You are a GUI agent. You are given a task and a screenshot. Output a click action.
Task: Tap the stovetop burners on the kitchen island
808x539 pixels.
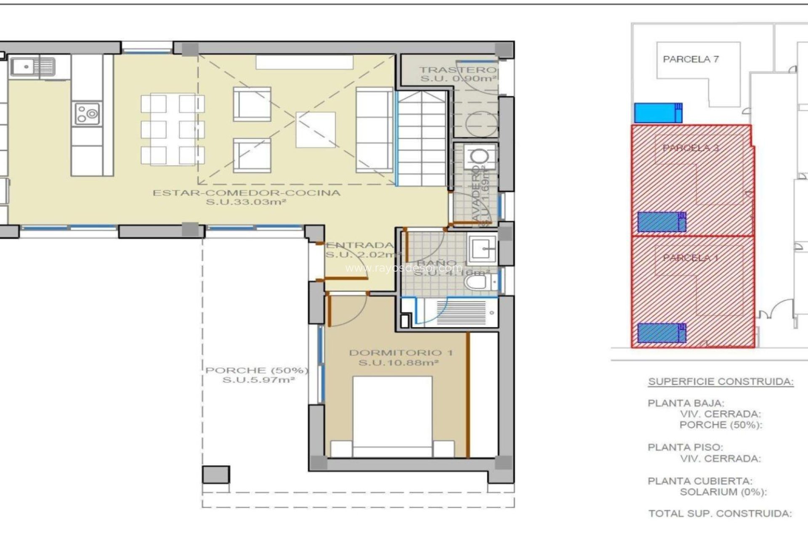point(87,114)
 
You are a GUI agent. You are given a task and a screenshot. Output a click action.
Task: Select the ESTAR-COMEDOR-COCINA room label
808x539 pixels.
point(246,193)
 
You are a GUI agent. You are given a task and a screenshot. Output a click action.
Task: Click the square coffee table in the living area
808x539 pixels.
point(316,130)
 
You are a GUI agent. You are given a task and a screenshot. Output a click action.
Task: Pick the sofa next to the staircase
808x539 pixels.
point(374,130)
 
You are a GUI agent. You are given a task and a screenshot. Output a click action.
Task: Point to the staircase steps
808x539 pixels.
point(422,139)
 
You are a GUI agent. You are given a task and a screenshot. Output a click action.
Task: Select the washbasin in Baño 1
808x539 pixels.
point(483,248)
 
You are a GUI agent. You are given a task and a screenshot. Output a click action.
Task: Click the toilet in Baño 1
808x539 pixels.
point(478,282)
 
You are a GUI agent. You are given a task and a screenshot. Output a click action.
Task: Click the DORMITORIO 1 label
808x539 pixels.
point(401,353)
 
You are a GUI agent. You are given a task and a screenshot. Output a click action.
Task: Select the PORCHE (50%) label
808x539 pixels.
point(257,371)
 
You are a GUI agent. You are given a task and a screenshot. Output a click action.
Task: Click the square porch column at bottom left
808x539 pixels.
point(216,475)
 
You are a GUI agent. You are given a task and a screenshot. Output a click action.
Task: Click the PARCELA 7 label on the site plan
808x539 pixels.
point(691,59)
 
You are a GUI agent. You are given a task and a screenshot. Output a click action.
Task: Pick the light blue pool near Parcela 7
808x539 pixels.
point(658,113)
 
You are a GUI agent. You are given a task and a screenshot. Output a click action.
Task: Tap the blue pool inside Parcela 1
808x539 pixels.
point(662,333)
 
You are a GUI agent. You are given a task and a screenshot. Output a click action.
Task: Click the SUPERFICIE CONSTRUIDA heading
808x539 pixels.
point(720,382)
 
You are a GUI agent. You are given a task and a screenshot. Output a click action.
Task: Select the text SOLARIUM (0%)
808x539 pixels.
point(723,492)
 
